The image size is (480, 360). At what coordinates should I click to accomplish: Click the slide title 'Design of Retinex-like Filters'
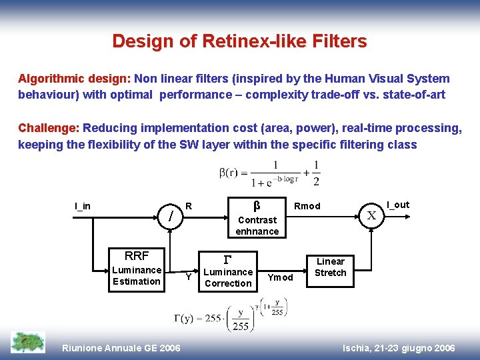coord(239,41)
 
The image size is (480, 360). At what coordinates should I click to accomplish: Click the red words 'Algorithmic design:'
coord(74,79)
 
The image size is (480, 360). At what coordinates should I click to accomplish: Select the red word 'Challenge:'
coord(49,128)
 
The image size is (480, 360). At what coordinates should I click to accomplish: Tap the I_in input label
coord(83,206)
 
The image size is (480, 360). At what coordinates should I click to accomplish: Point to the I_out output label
coord(398,205)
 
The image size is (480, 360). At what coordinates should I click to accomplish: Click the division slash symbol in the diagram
coord(172,216)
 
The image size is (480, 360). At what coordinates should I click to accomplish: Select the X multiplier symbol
coord(372,215)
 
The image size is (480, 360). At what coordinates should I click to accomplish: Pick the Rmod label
coord(307,206)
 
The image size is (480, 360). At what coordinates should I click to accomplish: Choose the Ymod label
coord(280,277)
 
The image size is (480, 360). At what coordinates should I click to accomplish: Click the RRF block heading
coord(137,255)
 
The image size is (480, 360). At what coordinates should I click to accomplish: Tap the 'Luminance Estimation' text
coord(137,275)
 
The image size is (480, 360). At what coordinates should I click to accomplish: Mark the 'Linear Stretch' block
coord(331,267)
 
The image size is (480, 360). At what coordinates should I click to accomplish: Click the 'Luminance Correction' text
coord(228,277)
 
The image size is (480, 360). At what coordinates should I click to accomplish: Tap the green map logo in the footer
coord(28,342)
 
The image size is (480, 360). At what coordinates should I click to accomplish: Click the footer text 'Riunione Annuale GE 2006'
coord(121,348)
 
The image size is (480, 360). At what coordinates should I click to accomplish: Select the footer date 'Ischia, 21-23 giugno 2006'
coord(398,348)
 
